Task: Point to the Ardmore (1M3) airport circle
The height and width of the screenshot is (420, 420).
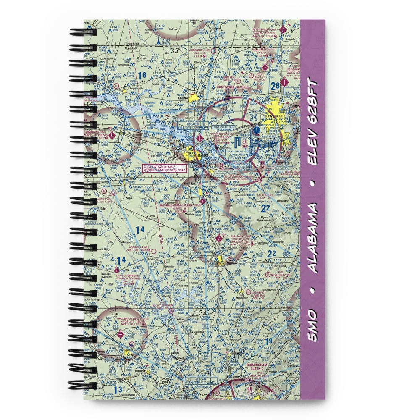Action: click(213, 51)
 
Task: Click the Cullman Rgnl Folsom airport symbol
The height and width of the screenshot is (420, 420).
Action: click(219, 238)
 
